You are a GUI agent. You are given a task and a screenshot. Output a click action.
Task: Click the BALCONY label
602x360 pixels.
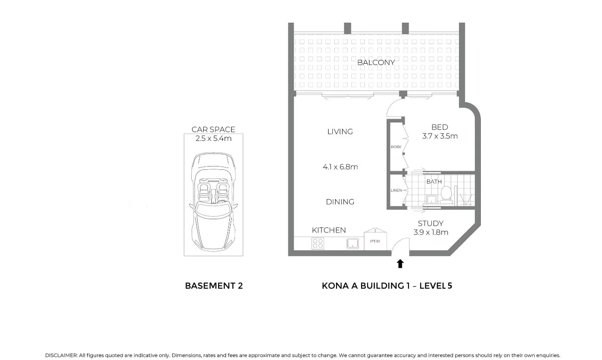(376, 62)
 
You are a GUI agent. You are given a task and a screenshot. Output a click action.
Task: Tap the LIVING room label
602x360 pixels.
(340, 132)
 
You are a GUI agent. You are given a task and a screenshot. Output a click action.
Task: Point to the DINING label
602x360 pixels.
(340, 202)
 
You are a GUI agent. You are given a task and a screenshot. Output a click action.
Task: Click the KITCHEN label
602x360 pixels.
(329, 230)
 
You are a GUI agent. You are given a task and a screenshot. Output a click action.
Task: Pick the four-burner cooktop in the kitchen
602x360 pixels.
(317, 243)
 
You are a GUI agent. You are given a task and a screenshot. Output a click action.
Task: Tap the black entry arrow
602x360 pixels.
(400, 264)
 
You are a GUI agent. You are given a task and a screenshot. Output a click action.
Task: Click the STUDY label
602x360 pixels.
(430, 224)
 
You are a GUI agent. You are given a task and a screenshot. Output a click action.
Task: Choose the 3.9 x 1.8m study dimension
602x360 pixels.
(430, 232)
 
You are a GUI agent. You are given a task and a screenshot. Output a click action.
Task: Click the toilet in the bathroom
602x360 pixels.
(447, 193)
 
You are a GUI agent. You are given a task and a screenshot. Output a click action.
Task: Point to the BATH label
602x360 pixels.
(434, 182)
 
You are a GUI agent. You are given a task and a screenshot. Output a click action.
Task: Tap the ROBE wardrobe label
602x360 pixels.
(396, 147)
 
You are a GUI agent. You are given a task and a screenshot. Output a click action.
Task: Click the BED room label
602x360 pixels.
(440, 127)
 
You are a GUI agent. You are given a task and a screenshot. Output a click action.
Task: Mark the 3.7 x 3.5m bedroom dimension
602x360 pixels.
(440, 136)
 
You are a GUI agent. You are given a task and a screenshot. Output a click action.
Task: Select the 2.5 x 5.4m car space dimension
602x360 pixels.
(214, 138)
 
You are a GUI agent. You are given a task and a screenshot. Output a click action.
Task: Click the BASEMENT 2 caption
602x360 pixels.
(214, 286)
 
